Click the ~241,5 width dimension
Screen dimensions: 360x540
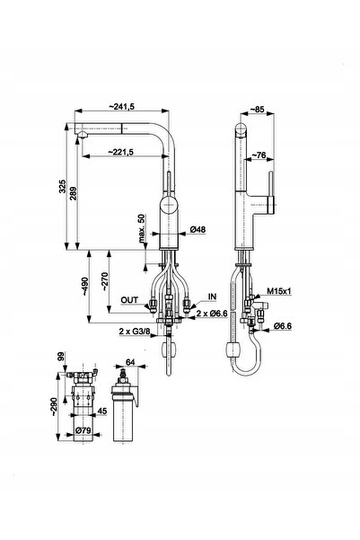122,106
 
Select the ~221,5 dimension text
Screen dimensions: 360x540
121,152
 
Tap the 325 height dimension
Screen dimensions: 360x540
62,186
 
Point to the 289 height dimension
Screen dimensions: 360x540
73,193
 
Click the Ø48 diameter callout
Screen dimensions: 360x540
198,229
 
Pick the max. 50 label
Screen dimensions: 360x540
142,229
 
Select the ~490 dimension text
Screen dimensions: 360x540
84,287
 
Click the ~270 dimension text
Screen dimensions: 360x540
105,282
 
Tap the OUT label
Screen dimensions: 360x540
129,300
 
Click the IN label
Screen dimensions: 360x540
213,297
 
